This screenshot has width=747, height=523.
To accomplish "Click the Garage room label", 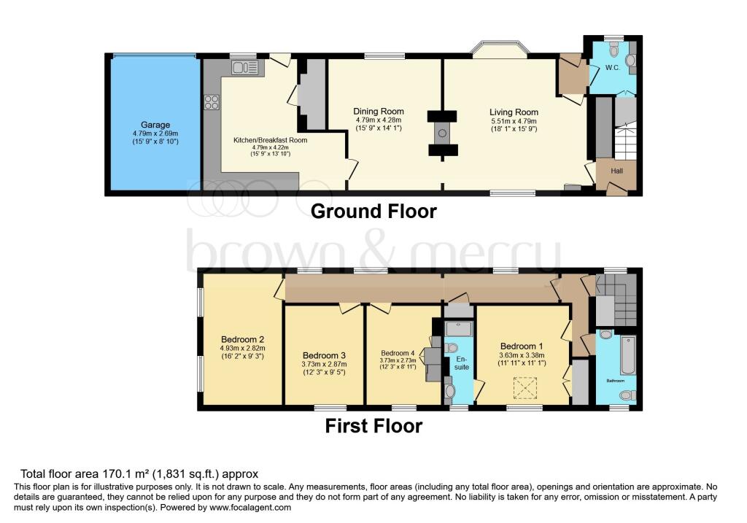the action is (155, 125).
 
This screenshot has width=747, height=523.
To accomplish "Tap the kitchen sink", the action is (245, 67).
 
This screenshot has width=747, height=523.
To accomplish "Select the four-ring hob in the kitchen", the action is (212, 102).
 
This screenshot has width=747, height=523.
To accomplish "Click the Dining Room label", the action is (379, 112).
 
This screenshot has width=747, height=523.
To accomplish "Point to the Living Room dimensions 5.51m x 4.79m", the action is (514, 121).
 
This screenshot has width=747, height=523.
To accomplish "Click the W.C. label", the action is (613, 68).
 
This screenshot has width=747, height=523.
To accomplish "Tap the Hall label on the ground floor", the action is (616, 171).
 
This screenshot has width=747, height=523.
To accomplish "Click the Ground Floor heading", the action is (373, 211).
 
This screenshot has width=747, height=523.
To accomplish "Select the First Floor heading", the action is (373, 426).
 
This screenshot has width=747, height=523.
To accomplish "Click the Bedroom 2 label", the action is (242, 340).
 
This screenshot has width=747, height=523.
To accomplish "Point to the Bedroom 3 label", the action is (324, 355).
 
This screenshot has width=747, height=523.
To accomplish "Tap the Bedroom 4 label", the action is (398, 353).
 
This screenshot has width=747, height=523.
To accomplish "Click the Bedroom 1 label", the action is (522, 346).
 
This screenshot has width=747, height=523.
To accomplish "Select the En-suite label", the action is (461, 363).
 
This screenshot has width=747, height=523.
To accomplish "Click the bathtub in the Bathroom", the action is (628, 355).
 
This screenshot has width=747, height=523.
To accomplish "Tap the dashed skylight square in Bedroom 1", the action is (525, 388).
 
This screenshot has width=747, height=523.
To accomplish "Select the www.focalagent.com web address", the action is (250, 507).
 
